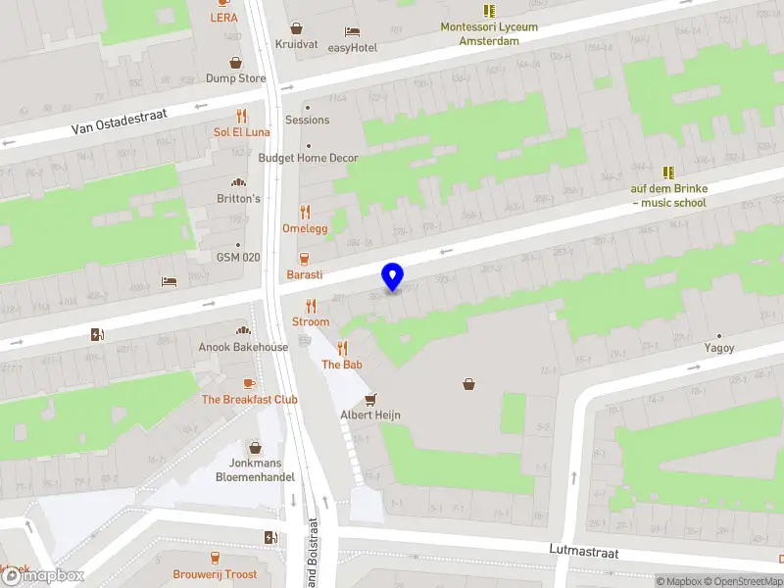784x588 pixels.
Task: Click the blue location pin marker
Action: click(393, 276)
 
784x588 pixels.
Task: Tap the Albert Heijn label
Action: click(370, 415)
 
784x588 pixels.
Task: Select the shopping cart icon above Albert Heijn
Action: click(370, 399)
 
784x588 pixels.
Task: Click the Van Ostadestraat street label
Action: click(120, 122)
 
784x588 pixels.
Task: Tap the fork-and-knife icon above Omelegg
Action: click(304, 212)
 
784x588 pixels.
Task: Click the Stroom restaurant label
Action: click(311, 321)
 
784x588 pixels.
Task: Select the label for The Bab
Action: click(342, 365)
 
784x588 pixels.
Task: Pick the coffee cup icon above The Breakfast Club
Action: click(249, 383)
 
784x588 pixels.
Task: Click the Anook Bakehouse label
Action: click(243, 347)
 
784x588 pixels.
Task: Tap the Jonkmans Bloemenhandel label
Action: click(256, 469)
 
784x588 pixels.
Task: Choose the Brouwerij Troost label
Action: click(215, 574)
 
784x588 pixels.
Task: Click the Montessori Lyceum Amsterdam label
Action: click(489, 33)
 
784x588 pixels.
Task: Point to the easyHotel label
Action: click(353, 47)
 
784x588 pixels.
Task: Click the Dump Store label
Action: click(235, 78)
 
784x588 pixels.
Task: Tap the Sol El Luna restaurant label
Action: click(241, 131)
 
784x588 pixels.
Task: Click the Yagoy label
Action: click(718, 348)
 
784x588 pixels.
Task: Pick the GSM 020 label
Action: click(238, 258)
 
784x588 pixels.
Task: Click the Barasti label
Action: click(305, 274)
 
